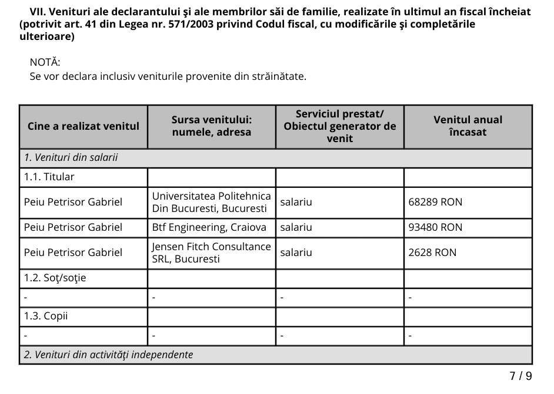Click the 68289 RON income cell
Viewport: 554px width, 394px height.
(435, 202)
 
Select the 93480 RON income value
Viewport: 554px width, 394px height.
(435, 227)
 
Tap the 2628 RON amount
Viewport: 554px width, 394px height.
(432, 252)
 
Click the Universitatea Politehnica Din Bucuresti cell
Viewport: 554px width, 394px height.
(211, 202)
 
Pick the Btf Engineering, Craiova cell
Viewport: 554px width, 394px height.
(209, 227)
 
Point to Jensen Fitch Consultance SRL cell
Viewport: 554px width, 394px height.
(211, 252)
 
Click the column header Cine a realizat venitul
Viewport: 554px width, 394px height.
(84, 126)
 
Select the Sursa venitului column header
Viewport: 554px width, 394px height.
(212, 126)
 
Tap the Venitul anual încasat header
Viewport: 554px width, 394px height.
(468, 126)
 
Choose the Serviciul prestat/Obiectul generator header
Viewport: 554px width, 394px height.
(339, 126)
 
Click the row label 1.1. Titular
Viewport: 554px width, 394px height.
(49, 177)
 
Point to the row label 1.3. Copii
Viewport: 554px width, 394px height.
(46, 316)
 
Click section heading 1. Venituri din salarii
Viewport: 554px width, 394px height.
(71, 158)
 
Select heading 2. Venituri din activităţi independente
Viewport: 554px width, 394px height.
(108, 355)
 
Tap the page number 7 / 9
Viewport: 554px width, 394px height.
(520, 376)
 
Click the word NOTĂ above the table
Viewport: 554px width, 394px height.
(45, 62)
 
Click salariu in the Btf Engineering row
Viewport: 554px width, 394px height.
(296, 227)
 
